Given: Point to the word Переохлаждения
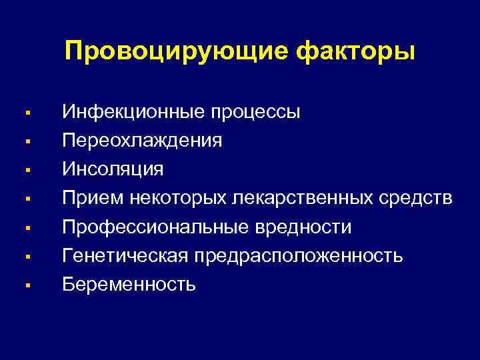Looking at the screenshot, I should coord(143,141).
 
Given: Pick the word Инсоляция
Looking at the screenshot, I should coord(113,169).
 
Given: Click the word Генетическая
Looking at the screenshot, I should coord(126,256).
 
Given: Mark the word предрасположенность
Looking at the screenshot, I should coord(299,257).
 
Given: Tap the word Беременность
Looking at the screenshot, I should coord(129,285).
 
